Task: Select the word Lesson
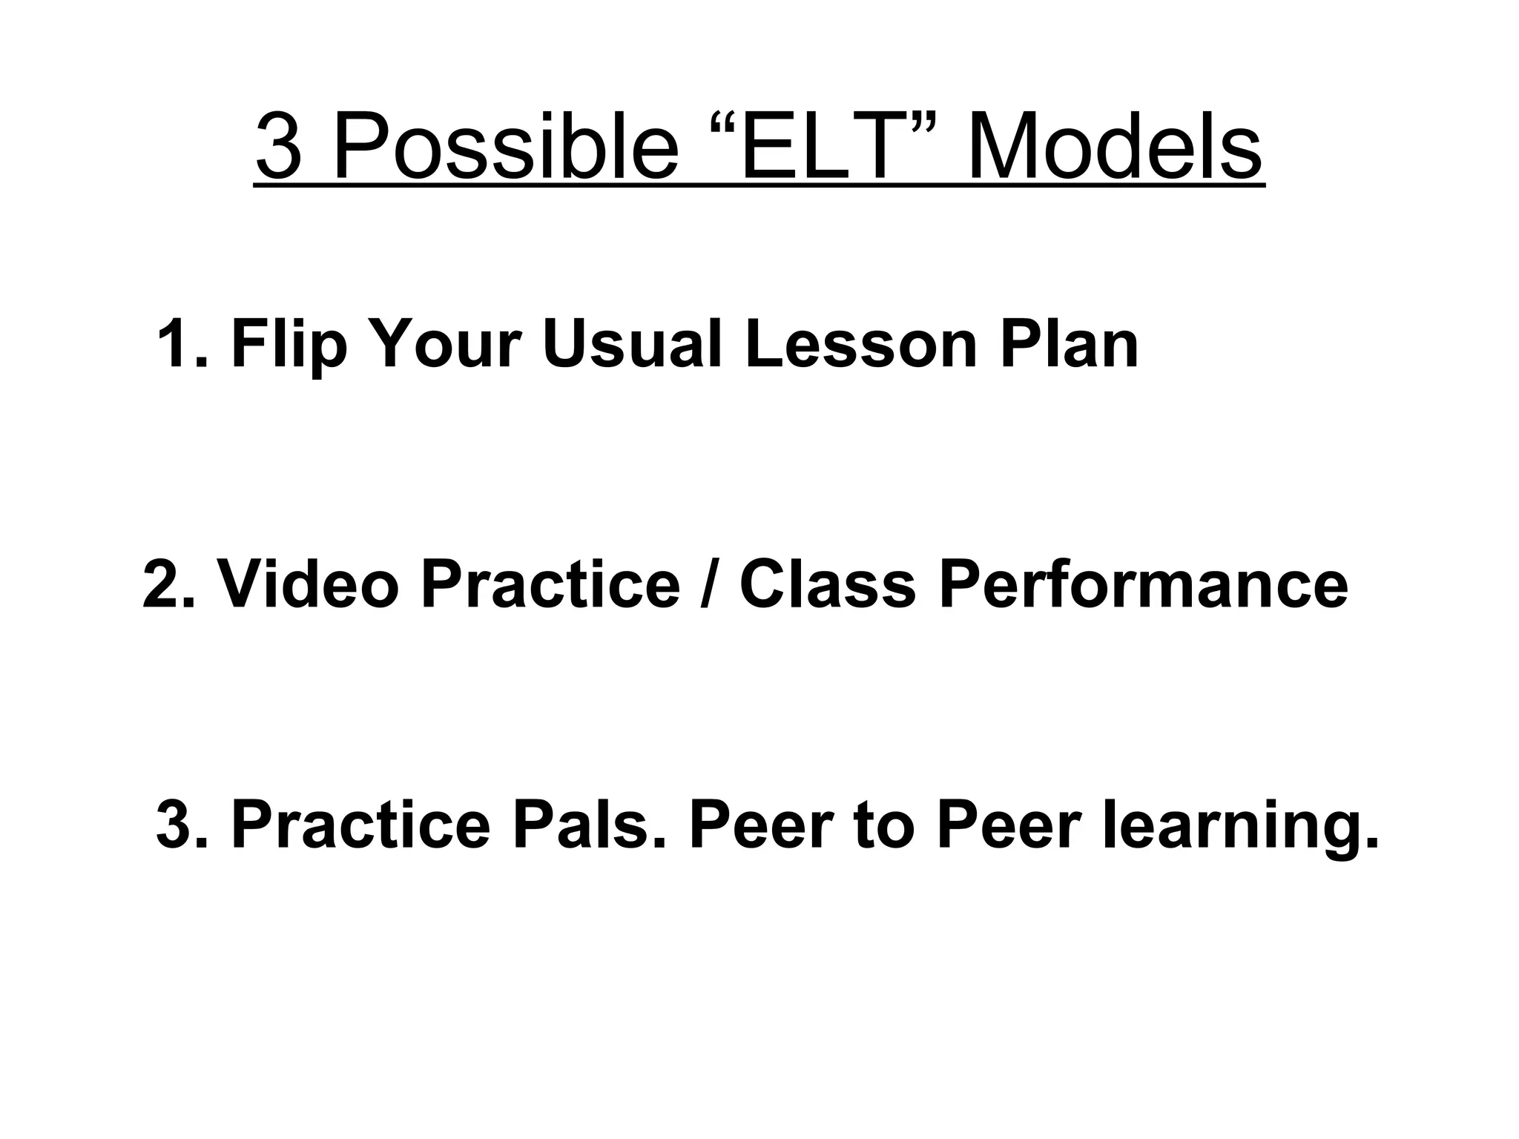coord(861,343)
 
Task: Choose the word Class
coord(828,584)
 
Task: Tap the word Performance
coord(1143,584)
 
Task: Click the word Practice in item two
coord(550,584)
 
